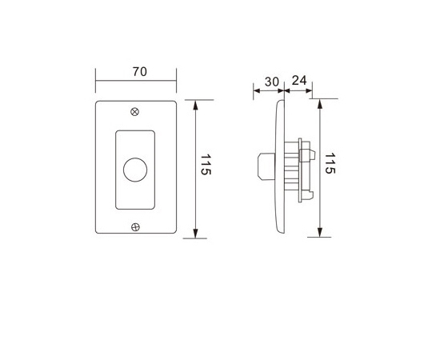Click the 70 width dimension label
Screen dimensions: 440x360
point(140,72)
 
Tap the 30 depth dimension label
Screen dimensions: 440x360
point(272,82)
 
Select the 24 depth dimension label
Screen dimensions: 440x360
point(299,81)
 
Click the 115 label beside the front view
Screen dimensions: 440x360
point(206,165)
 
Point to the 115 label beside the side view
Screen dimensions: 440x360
point(330,163)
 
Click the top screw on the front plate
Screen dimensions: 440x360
point(135,112)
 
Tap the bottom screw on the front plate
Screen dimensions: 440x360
point(135,227)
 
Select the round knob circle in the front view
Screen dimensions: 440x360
point(135,170)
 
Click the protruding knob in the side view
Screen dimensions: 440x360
point(266,166)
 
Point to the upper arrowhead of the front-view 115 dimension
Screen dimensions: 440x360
point(195,105)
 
